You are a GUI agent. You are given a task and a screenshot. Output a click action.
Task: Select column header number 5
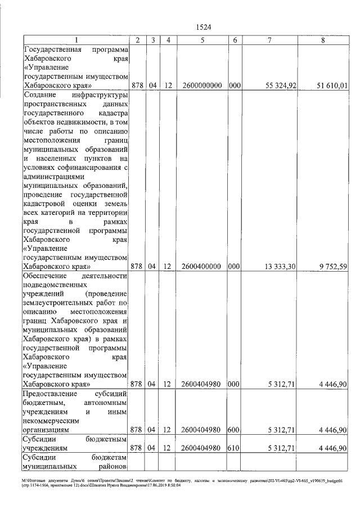pyautogui.click(x=201, y=40)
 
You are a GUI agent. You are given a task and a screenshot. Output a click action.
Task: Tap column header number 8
pyautogui.click(x=322, y=40)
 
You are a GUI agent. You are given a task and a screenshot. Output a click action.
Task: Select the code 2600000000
pyautogui.click(x=201, y=85)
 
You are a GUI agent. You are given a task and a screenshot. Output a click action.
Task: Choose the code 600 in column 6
pyautogui.click(x=235, y=430)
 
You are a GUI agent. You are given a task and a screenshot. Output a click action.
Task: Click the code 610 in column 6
pyautogui.click(x=235, y=448)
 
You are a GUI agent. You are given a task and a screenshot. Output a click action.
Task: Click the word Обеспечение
pyautogui.click(x=44, y=276)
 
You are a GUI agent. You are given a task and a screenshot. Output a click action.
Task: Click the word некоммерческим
pyautogui.click(x=51, y=421)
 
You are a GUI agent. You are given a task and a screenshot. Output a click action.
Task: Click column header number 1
pyautogui.click(x=75, y=40)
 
